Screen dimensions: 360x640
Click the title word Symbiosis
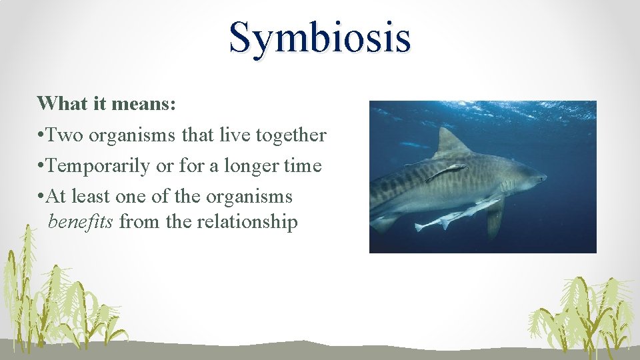(319, 37)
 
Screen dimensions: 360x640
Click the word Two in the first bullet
(65, 135)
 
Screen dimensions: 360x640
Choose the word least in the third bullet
(91, 197)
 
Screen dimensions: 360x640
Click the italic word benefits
(81, 222)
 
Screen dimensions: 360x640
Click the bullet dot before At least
(41, 197)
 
